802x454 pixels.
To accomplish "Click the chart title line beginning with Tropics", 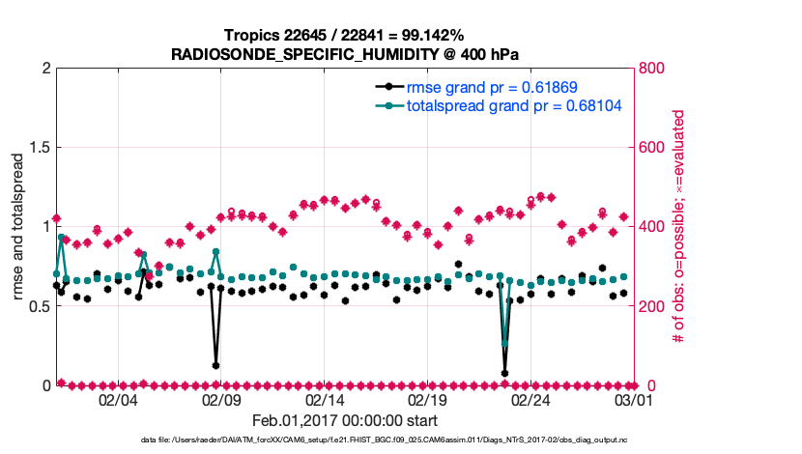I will point(344,35).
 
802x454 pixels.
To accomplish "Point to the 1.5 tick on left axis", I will point(39,148).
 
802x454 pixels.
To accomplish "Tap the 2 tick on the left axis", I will point(45,69).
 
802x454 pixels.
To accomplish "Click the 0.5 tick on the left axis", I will point(39,306).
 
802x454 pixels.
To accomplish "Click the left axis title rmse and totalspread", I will point(19,227).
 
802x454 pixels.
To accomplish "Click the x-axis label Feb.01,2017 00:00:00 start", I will point(344,421).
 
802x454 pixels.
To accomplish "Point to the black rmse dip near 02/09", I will point(215,365).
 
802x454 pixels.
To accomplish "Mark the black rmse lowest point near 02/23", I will point(505,373).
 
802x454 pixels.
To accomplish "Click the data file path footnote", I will point(344,441).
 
